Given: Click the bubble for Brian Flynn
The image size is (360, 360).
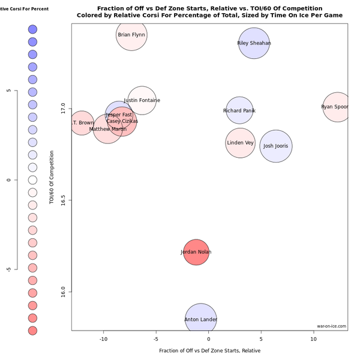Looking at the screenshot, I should click(x=131, y=35).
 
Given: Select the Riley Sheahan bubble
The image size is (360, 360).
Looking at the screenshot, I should click(x=254, y=43).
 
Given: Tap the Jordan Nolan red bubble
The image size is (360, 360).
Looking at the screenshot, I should click(x=196, y=252).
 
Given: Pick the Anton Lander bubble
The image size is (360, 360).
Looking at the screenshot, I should click(x=201, y=319).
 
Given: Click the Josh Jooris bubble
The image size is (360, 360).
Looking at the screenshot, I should click(x=276, y=146).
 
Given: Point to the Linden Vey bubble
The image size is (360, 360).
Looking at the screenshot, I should click(x=240, y=143).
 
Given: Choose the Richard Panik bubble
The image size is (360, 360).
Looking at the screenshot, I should click(x=239, y=110).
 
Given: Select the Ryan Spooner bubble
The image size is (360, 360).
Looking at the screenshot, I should click(x=337, y=107).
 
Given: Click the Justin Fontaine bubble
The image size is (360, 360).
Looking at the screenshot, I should click(x=142, y=100).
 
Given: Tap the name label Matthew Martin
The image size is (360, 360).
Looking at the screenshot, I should click(x=108, y=129).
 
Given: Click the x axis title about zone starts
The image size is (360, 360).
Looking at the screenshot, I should click(x=209, y=350).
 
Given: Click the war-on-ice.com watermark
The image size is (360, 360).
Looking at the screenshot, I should click(x=331, y=326).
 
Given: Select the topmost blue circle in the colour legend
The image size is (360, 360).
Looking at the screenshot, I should click(x=32, y=29).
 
